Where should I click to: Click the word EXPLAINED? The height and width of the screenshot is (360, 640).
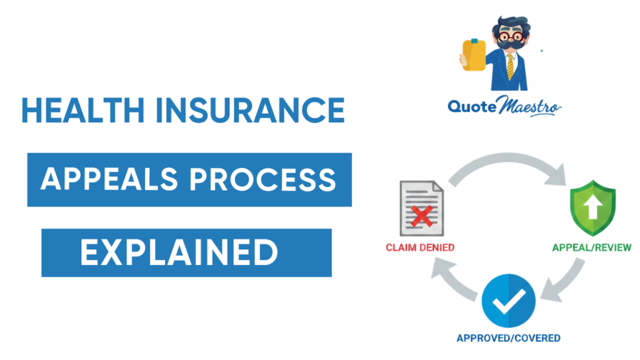(179, 252)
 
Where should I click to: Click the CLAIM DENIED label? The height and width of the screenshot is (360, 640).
(420, 247)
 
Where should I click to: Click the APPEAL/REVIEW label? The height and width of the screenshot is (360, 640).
(591, 247)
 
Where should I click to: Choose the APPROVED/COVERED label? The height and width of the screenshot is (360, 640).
(507, 338)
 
